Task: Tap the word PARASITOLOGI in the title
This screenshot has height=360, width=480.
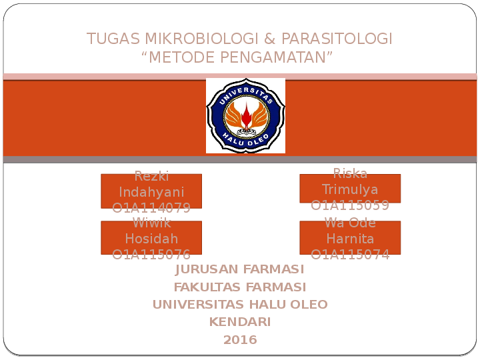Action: (x=337, y=39)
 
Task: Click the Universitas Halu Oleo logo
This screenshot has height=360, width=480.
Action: (x=245, y=116)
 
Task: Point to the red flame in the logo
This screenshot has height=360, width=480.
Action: (x=246, y=117)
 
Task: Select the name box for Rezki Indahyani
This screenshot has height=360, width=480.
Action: (x=151, y=191)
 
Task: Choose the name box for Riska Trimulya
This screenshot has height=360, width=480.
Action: (x=350, y=188)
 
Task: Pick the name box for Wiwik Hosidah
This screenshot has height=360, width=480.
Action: (x=151, y=237)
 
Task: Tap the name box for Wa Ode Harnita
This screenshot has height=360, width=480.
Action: (x=350, y=237)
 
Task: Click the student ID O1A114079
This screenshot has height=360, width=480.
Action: (x=151, y=207)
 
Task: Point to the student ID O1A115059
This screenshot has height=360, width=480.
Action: (x=350, y=205)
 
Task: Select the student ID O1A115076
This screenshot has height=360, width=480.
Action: (x=151, y=254)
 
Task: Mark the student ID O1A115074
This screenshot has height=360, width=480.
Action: (x=350, y=254)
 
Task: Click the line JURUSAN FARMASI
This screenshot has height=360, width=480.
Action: (x=240, y=269)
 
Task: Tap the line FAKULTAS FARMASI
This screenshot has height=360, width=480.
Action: (x=240, y=287)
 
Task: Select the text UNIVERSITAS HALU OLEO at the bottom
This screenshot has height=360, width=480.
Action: (x=240, y=305)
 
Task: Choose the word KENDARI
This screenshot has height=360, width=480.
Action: (x=240, y=322)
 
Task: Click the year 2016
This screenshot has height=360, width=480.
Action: (x=240, y=340)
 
